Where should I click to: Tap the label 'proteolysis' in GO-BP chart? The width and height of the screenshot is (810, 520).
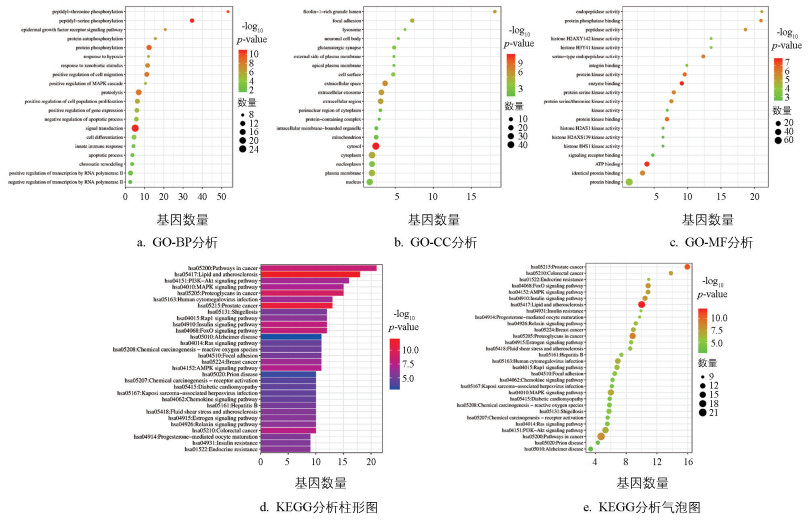coord(112,92)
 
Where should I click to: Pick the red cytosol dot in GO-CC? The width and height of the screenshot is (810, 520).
coord(375,147)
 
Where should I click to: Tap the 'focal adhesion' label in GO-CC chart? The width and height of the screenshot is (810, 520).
coord(346,20)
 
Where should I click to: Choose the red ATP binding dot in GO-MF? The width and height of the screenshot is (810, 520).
coord(647,164)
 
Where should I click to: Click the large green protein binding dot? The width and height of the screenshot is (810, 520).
coord(630,182)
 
